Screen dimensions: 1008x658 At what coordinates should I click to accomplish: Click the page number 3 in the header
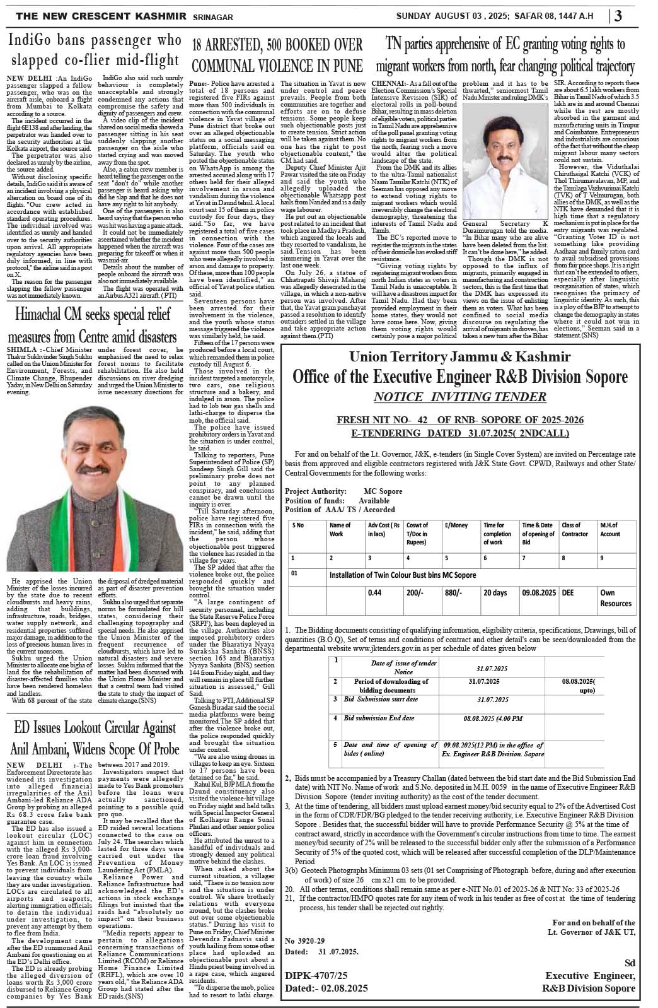point(618,16)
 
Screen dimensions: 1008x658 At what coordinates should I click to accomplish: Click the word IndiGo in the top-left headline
point(33,41)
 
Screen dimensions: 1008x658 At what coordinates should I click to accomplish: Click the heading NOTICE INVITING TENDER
point(459,397)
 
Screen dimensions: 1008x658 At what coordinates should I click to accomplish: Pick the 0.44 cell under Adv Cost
point(375,593)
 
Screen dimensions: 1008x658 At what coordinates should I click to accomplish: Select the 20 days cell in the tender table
point(495,593)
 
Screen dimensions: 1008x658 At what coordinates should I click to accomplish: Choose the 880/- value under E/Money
point(453,593)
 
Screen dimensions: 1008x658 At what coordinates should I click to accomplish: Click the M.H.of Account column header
point(610,529)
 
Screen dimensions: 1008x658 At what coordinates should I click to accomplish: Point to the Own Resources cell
point(615,598)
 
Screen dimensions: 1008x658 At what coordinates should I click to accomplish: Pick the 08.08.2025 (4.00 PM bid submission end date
point(492,718)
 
